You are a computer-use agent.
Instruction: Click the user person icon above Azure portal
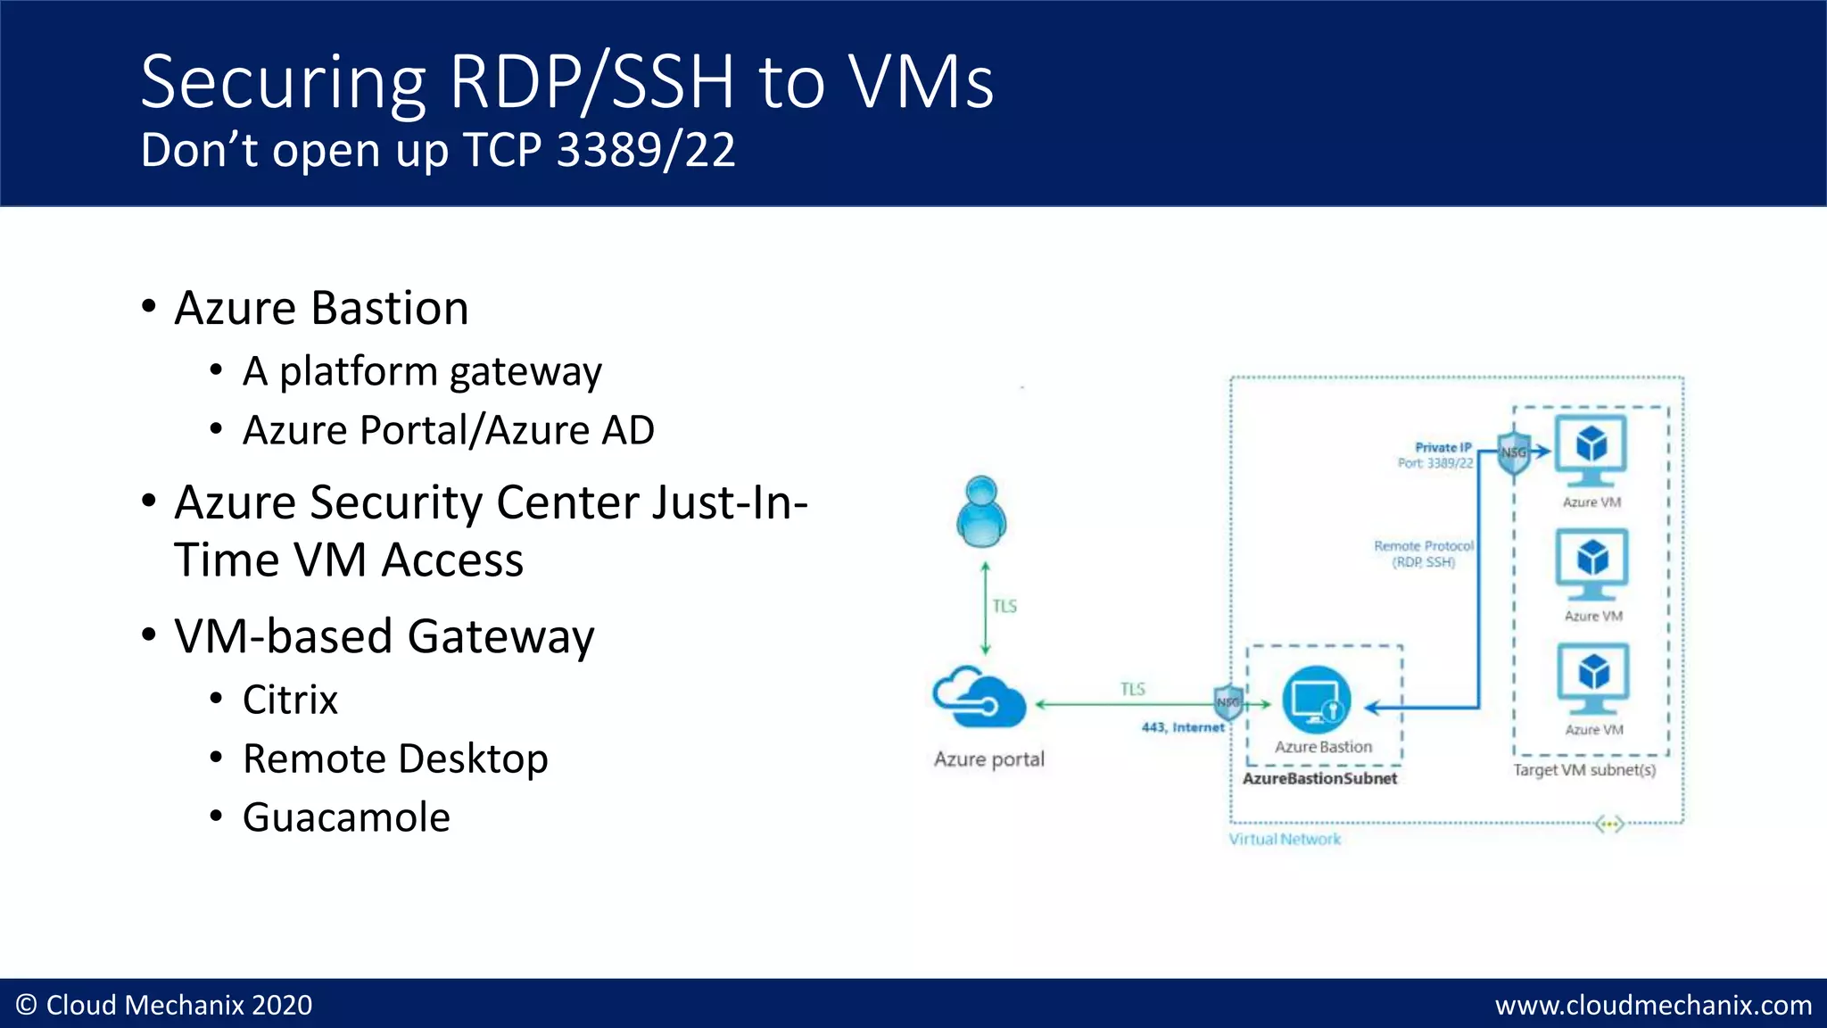(x=981, y=511)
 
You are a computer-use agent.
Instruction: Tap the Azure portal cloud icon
(x=979, y=698)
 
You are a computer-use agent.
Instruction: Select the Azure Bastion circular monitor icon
(x=1316, y=700)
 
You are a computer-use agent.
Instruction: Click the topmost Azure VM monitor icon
(x=1591, y=448)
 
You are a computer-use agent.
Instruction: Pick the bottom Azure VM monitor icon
(x=1593, y=677)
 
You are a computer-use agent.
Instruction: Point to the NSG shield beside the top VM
(x=1514, y=452)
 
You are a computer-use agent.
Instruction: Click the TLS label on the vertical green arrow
(x=1004, y=607)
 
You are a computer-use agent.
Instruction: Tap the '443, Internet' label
(x=1183, y=727)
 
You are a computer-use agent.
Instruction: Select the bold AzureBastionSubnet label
(x=1319, y=778)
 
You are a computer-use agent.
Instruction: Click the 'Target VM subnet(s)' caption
(x=1583, y=770)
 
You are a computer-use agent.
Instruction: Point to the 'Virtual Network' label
(x=1285, y=839)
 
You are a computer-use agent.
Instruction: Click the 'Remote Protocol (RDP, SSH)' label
(x=1424, y=553)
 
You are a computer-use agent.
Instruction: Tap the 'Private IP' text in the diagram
(x=1443, y=447)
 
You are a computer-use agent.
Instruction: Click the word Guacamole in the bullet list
(x=346, y=817)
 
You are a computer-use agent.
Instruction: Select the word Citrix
(x=290, y=700)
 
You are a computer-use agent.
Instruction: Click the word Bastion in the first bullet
(x=390, y=309)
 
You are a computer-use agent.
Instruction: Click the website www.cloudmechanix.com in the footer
(x=1653, y=1006)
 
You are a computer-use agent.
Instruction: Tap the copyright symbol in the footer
(x=27, y=1006)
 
